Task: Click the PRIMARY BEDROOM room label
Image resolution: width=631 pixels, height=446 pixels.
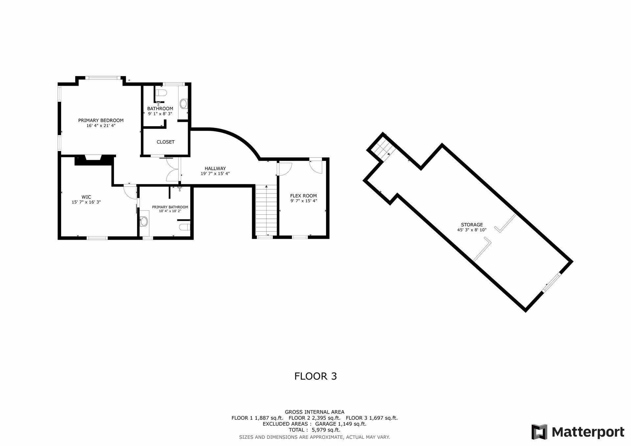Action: [101, 120]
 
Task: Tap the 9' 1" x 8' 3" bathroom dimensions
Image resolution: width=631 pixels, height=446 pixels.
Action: [160, 114]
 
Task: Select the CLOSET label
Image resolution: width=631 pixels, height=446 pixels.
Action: [166, 142]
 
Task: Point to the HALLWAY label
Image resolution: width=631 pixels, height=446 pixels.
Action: [215, 168]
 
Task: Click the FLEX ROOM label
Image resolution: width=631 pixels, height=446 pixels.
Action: [303, 196]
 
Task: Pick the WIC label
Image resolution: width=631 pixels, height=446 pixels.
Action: [86, 197]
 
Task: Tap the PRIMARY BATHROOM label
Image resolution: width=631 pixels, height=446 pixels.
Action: [170, 207]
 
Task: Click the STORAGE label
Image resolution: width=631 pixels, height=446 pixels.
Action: [472, 225]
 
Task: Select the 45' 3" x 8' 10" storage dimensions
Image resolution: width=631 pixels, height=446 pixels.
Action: [472, 230]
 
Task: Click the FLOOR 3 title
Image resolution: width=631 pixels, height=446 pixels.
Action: [315, 376]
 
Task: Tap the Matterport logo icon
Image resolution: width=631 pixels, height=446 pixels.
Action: [539, 432]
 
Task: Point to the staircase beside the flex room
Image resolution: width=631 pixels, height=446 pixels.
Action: [266, 210]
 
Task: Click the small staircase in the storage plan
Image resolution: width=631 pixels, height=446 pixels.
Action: [384, 149]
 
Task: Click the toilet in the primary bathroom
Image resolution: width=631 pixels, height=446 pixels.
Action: [185, 227]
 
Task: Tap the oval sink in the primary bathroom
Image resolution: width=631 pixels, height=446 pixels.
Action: [144, 222]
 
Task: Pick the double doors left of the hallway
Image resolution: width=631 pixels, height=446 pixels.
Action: [172, 169]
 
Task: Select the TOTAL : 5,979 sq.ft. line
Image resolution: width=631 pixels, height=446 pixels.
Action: [315, 430]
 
